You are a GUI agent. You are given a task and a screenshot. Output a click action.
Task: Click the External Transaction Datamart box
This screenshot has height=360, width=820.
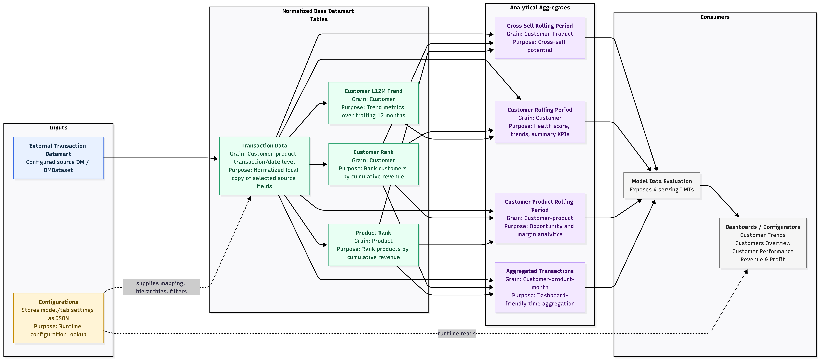click(58, 158)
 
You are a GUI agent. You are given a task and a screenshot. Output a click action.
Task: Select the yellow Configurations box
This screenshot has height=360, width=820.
click(58, 318)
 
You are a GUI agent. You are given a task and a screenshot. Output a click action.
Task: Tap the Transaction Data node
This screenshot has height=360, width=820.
click(264, 166)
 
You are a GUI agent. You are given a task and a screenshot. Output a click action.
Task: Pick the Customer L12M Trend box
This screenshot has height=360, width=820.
click(373, 103)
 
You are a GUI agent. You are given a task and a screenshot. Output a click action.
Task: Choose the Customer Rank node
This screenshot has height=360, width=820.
click(373, 164)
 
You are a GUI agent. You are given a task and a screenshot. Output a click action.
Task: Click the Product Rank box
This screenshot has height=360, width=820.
click(373, 245)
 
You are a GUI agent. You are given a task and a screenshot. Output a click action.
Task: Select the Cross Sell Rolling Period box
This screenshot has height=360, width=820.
click(540, 38)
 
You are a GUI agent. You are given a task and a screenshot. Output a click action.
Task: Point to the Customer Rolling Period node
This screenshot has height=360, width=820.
click(540, 122)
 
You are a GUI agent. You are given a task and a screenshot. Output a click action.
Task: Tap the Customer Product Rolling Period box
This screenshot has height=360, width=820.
click(540, 218)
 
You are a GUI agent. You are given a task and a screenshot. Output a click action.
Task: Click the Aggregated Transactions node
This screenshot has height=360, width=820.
click(540, 287)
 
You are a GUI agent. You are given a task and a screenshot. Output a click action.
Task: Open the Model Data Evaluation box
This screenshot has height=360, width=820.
click(662, 185)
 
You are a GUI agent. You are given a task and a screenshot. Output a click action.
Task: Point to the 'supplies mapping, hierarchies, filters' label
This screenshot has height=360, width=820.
click(161, 287)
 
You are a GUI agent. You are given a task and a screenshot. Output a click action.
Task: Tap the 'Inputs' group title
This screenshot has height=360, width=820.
click(58, 128)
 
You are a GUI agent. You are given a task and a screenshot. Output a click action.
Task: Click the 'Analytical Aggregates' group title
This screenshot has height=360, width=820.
click(540, 8)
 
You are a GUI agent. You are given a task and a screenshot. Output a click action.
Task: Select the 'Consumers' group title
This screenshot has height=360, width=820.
click(715, 17)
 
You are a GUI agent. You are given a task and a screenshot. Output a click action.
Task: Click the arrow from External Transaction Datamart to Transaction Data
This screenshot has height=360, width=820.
click(161, 158)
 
